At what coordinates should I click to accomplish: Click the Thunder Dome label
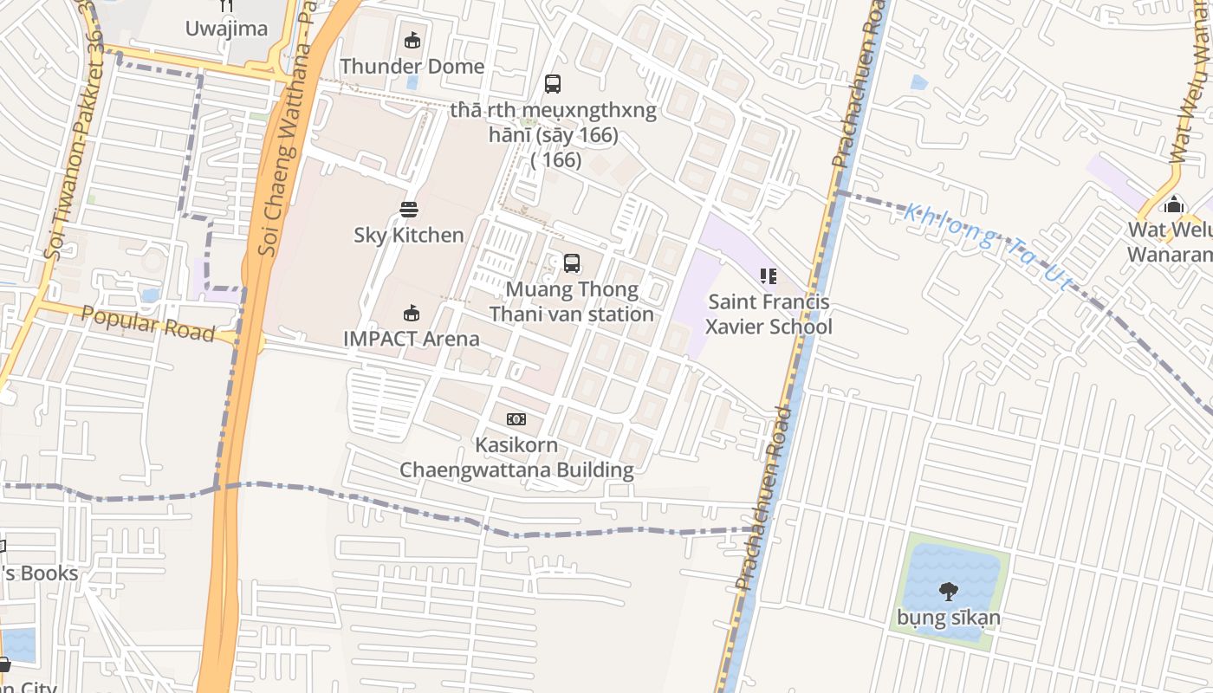pos(412,67)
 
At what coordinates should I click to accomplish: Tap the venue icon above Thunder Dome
pos(412,40)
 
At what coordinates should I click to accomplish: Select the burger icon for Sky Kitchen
pos(409,209)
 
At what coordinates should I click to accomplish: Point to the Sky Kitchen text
pos(409,235)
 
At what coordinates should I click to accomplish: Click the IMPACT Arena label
pos(412,339)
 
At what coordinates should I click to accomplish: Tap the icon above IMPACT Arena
pos(412,313)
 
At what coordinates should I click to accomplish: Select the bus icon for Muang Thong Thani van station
pos(572,262)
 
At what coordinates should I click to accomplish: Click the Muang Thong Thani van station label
pos(572,301)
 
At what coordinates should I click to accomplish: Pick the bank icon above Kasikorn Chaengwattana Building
pos(516,419)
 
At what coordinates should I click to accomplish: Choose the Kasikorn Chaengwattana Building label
pos(516,457)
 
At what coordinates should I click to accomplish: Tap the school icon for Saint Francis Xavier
pos(768,276)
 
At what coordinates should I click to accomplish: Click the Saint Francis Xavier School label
pos(768,314)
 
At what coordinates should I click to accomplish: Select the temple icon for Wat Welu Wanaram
pos(1174,204)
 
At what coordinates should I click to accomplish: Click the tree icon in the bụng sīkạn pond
pos(949,592)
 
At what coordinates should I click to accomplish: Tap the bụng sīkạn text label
pos(949,618)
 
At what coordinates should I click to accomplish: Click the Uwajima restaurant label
pos(226,29)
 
